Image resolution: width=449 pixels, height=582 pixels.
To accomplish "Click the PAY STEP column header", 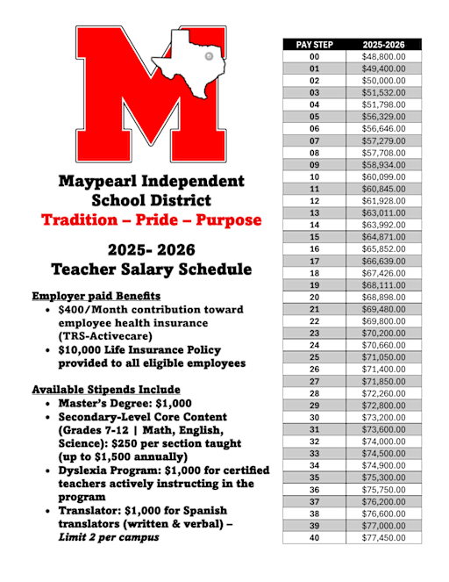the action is (314, 44).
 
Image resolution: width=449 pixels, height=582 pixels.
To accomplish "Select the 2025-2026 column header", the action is (383, 44).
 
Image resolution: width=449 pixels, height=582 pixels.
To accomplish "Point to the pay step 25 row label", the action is (314, 357).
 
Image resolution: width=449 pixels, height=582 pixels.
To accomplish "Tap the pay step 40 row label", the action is (314, 537).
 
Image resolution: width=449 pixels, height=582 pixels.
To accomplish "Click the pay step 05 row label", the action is (314, 117).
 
